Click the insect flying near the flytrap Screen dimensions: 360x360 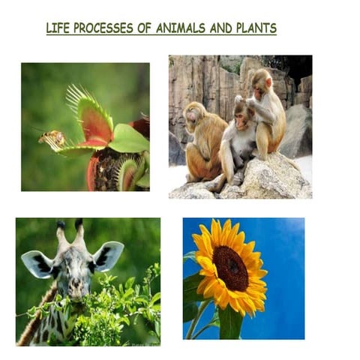click(x=52, y=138)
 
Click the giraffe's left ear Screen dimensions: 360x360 click(x=37, y=263)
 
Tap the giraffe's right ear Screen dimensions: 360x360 click(x=109, y=255)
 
